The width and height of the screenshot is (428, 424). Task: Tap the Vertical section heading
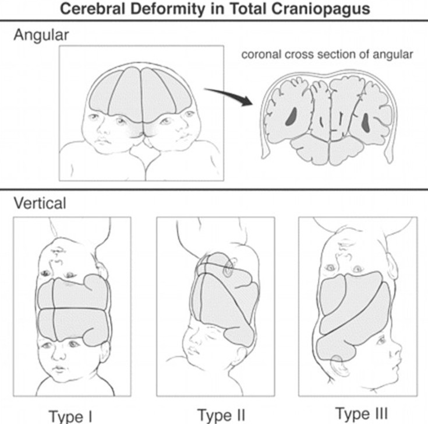[39, 204]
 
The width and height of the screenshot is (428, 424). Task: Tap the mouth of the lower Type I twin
[60, 369]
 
